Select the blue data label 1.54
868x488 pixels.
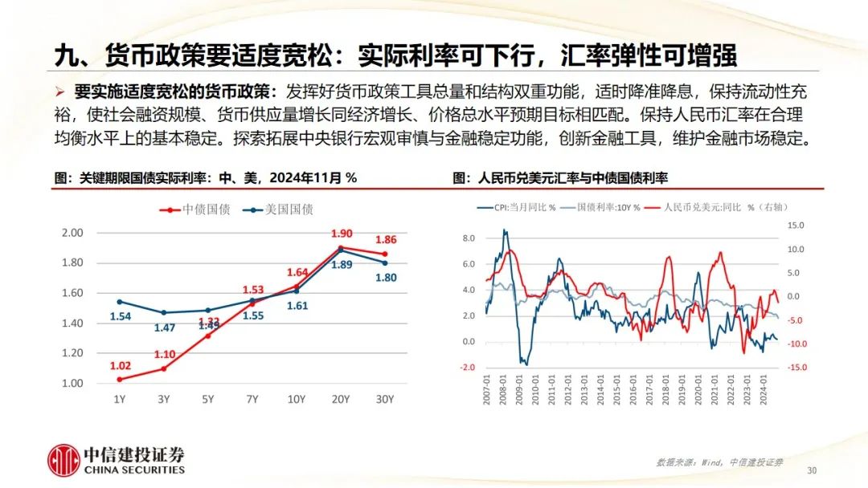[120, 318]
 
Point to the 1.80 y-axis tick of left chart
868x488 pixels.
[73, 262]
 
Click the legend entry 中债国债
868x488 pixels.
[197, 209]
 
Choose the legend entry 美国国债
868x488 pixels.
[280, 209]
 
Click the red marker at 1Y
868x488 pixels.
[120, 379]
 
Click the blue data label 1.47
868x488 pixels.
[165, 327]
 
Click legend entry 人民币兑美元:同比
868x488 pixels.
[699, 207]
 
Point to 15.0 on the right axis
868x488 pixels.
[794, 226]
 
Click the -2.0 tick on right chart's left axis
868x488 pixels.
[467, 368]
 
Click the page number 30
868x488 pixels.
[811, 470]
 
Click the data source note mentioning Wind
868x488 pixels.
[719, 462]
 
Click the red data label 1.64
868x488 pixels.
[298, 272]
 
